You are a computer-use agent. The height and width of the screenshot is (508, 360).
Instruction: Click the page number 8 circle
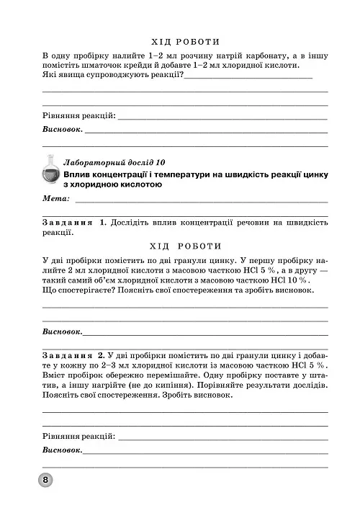pyautogui.click(x=45, y=481)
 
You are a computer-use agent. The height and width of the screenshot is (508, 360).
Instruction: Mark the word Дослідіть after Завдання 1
pyautogui.click(x=135, y=223)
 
